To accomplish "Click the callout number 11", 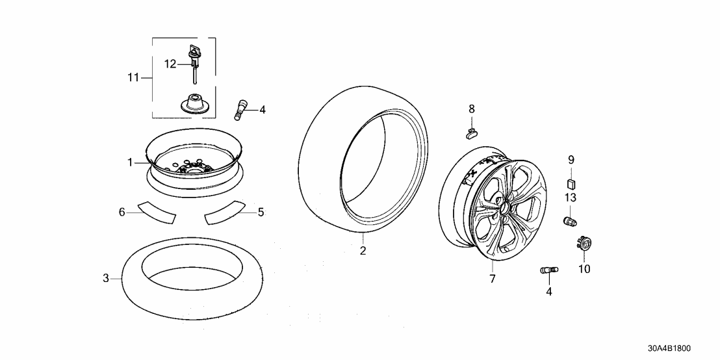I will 133,78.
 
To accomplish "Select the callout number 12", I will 170,64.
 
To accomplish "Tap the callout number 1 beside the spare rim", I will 130,162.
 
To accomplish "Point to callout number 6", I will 122,212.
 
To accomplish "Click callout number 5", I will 261,212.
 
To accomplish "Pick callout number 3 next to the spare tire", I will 106,279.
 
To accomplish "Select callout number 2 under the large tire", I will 363,251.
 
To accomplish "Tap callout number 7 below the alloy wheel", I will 493,279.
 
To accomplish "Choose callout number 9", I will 571,159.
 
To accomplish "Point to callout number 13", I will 571,197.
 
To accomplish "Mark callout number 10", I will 584,269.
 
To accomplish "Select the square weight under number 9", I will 571,183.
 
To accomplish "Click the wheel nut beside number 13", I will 570,221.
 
